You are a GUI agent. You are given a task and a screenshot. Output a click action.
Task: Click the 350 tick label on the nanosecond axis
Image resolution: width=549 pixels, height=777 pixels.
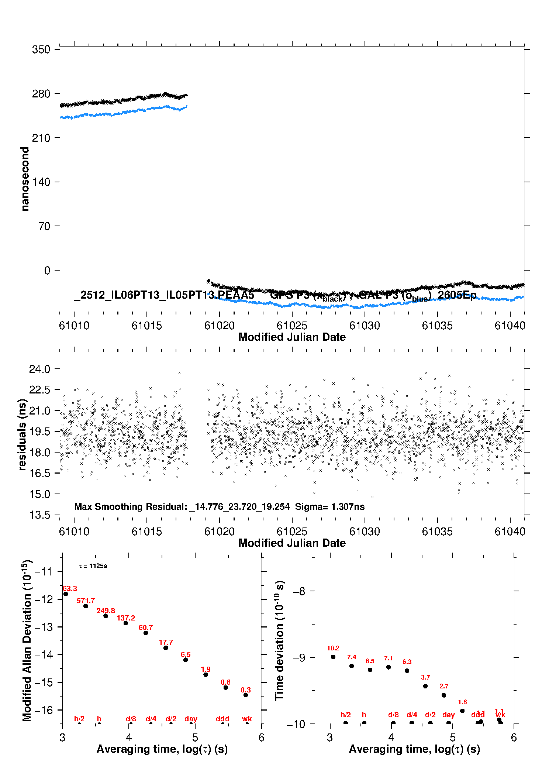(41, 49)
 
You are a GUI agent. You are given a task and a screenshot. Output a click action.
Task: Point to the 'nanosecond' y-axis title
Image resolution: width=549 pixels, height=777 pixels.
(25, 179)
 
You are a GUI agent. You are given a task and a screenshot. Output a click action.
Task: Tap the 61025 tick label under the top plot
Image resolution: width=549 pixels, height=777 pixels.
(292, 326)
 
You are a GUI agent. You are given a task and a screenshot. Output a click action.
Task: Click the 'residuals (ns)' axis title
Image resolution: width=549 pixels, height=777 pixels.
(23, 434)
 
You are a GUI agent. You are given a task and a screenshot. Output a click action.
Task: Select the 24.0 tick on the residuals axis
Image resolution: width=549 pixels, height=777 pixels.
(39, 369)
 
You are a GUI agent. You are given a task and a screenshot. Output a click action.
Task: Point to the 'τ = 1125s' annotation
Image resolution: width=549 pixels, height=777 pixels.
(93, 566)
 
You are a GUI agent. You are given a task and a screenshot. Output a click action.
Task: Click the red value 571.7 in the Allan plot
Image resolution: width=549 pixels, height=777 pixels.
(86, 601)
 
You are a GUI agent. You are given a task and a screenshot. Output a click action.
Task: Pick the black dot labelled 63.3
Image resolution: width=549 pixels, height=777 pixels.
(66, 594)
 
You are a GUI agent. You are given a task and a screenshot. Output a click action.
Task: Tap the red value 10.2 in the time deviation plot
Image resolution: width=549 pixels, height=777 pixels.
(333, 648)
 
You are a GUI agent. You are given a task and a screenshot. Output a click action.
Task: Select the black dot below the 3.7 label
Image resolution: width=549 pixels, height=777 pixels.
(425, 686)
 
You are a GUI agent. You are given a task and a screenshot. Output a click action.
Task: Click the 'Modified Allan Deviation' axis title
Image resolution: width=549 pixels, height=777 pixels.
(27, 640)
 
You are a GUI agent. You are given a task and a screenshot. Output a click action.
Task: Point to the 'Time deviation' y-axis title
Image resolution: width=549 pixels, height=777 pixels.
(279, 640)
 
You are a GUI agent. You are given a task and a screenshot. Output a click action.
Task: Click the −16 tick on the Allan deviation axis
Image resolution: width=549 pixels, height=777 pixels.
(44, 710)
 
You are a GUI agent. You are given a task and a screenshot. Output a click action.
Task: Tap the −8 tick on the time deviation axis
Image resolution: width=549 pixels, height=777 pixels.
(298, 591)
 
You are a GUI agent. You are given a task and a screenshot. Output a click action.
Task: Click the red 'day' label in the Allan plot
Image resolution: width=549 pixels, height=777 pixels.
(191, 719)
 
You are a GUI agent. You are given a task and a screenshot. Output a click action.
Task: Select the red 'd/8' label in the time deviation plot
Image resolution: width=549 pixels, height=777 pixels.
(393, 715)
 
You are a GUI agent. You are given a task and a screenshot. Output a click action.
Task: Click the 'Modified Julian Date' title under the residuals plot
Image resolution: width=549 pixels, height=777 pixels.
(292, 543)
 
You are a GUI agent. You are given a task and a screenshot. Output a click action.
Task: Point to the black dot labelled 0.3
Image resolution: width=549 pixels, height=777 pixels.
(246, 695)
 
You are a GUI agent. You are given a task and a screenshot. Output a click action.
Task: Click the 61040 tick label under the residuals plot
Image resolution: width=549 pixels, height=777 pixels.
(510, 532)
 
